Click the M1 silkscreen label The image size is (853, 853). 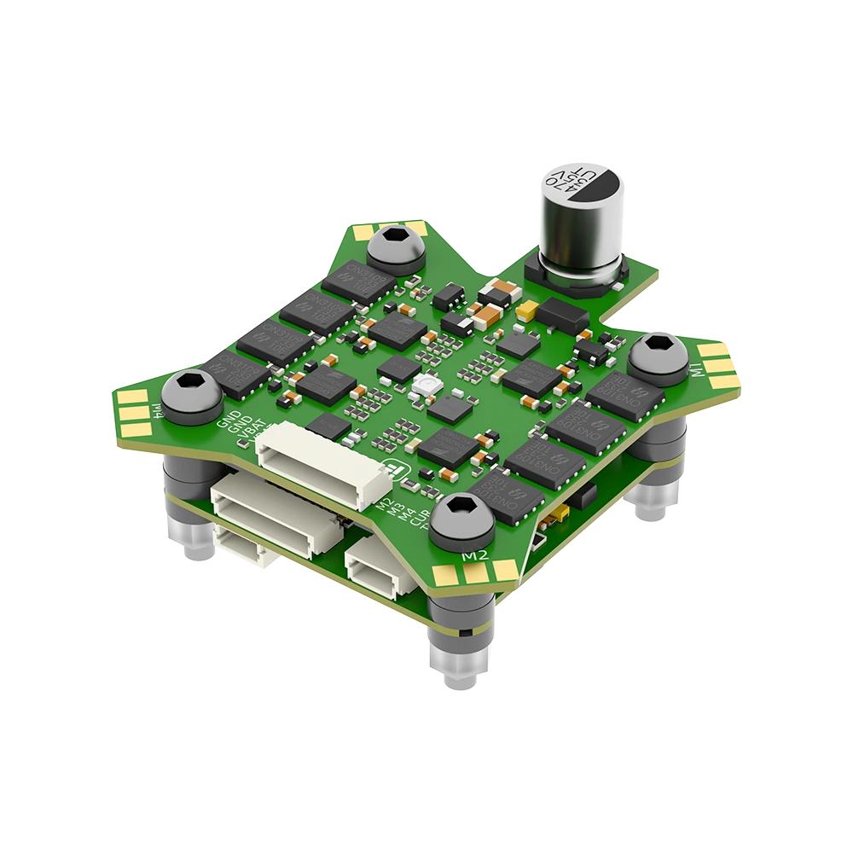(697, 370)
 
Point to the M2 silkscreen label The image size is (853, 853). (474, 555)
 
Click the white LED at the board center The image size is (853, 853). (424, 388)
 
